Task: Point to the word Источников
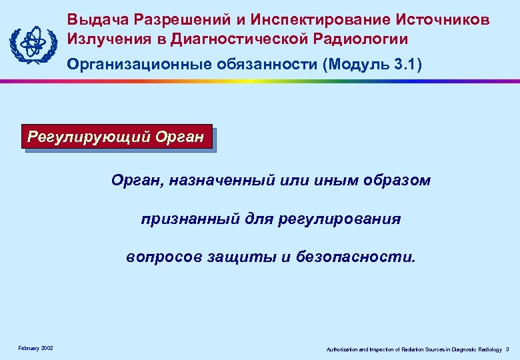[x=443, y=19]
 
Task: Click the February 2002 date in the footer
[x=36, y=349]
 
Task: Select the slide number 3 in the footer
[x=507, y=349]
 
